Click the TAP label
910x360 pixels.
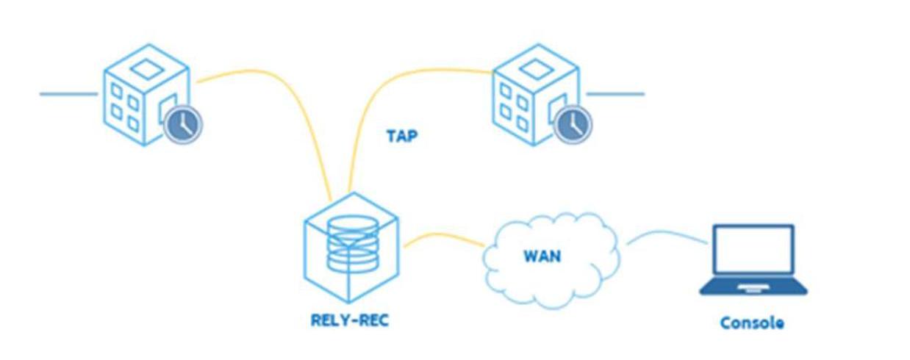tap(402, 136)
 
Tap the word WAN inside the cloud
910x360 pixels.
tap(542, 256)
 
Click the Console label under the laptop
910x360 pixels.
tap(751, 323)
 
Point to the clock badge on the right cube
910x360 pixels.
tap(571, 124)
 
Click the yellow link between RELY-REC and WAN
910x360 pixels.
tap(441, 237)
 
